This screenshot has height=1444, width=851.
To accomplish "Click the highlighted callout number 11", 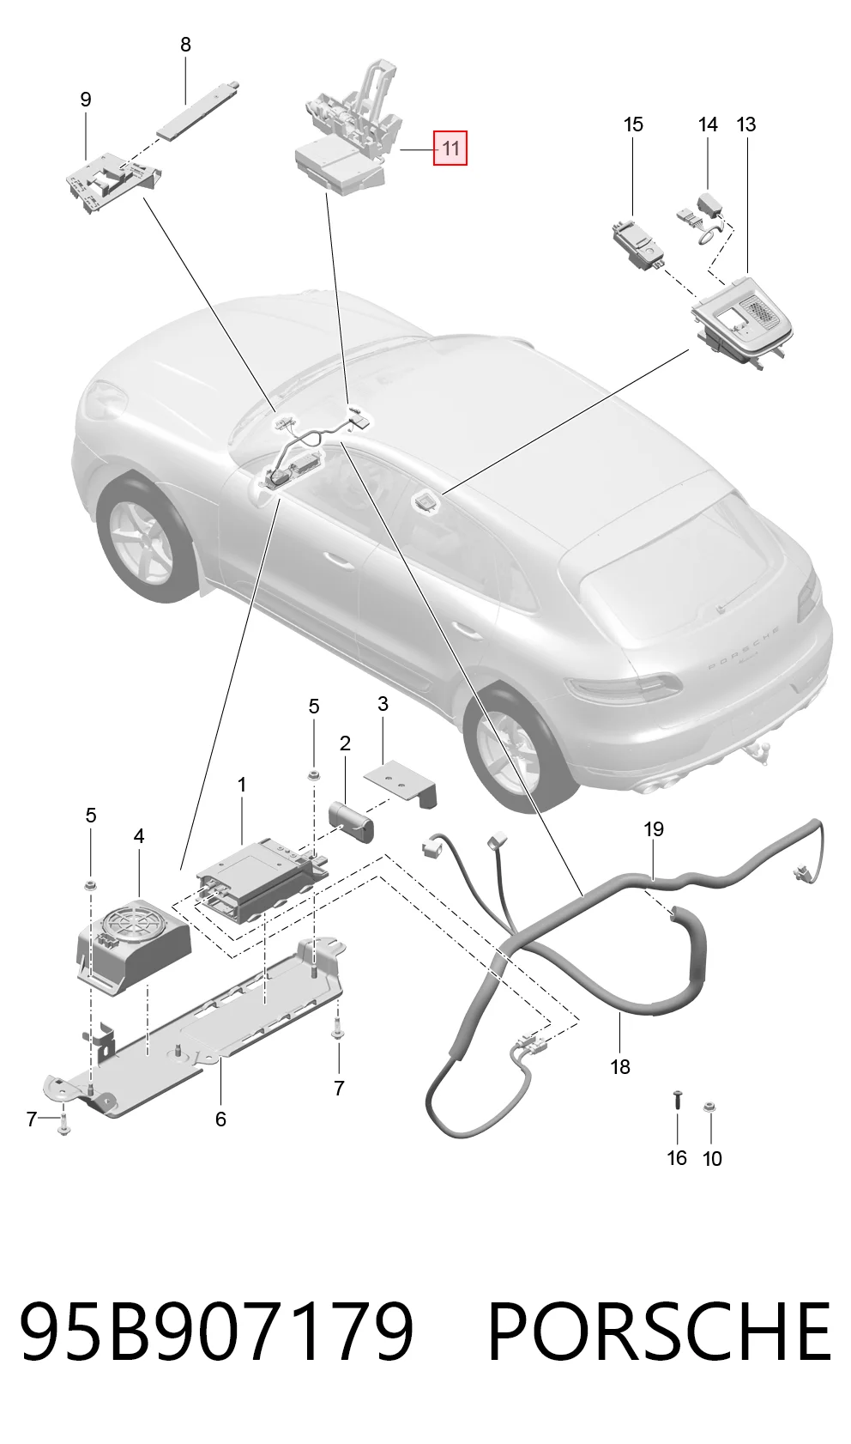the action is click(450, 149).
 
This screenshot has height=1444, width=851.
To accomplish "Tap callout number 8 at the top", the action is click(185, 45).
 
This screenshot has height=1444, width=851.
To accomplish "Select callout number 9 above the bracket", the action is click(86, 100).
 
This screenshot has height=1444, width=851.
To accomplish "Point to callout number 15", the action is click(633, 124).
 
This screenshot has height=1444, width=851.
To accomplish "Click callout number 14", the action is click(708, 124).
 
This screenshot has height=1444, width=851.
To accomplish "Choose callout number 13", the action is click(746, 124).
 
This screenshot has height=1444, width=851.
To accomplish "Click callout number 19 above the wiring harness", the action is click(653, 829).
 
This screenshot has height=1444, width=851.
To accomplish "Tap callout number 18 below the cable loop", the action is click(619, 1067).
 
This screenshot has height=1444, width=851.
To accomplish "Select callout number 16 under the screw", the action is click(676, 1158).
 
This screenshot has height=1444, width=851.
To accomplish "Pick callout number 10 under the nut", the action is click(712, 1158).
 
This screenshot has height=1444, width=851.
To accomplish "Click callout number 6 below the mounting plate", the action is click(220, 1119).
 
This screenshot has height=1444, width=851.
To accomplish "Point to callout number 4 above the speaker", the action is click(138, 836).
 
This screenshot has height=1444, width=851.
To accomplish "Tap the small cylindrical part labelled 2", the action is click(353, 822).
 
